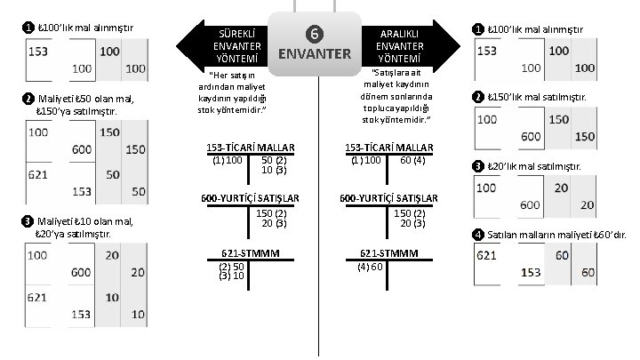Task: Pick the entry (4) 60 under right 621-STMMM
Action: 370,267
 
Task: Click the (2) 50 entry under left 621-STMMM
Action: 231,267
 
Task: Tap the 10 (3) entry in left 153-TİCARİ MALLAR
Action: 272,169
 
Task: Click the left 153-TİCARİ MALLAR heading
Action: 250,147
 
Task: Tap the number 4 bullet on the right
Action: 479,235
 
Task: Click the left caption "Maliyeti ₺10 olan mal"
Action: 84,220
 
